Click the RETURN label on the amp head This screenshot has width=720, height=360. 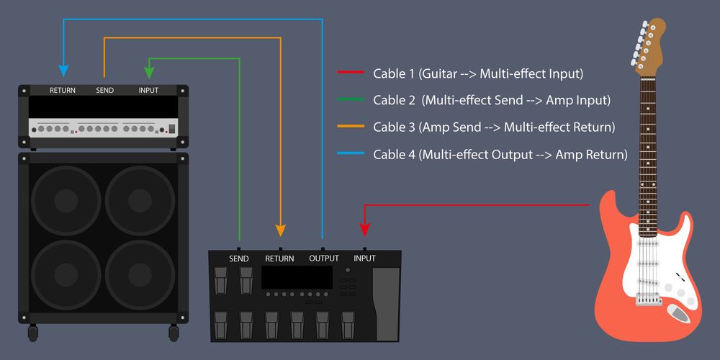pos(63,91)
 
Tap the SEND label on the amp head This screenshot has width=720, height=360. pos(104,91)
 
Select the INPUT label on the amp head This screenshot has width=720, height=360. pos(149,91)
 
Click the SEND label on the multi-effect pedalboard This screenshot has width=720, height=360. pos(239,258)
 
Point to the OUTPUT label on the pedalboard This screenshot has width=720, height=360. pos(323,258)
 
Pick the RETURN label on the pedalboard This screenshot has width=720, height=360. pos(279,258)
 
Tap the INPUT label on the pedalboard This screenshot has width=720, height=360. pos(364,258)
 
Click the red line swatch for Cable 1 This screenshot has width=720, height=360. pos(351,73)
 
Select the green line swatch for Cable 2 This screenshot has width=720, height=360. pos(351,100)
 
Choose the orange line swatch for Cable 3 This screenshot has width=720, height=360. pos(351,127)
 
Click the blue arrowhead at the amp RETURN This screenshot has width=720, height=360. pos(63,71)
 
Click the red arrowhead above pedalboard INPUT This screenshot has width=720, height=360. pos(364,230)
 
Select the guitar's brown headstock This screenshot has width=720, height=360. pos(648,43)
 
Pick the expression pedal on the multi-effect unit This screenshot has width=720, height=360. pos(385,302)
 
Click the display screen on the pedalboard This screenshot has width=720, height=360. pos(296,276)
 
